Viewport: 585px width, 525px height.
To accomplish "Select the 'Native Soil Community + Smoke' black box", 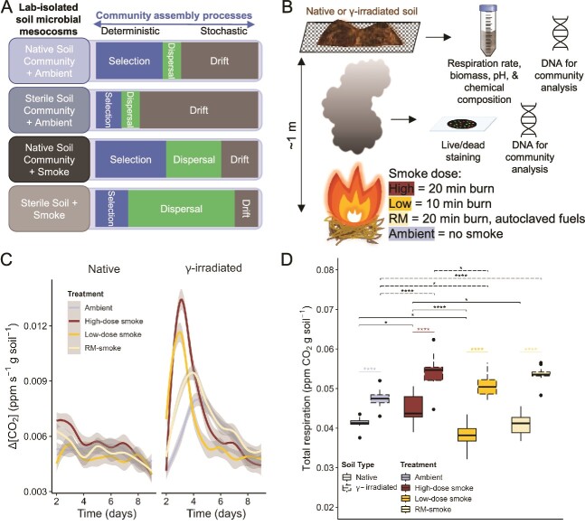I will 44,160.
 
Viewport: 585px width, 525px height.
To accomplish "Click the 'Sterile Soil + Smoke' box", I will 44,208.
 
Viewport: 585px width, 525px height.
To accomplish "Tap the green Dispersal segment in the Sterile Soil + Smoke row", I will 181,208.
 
